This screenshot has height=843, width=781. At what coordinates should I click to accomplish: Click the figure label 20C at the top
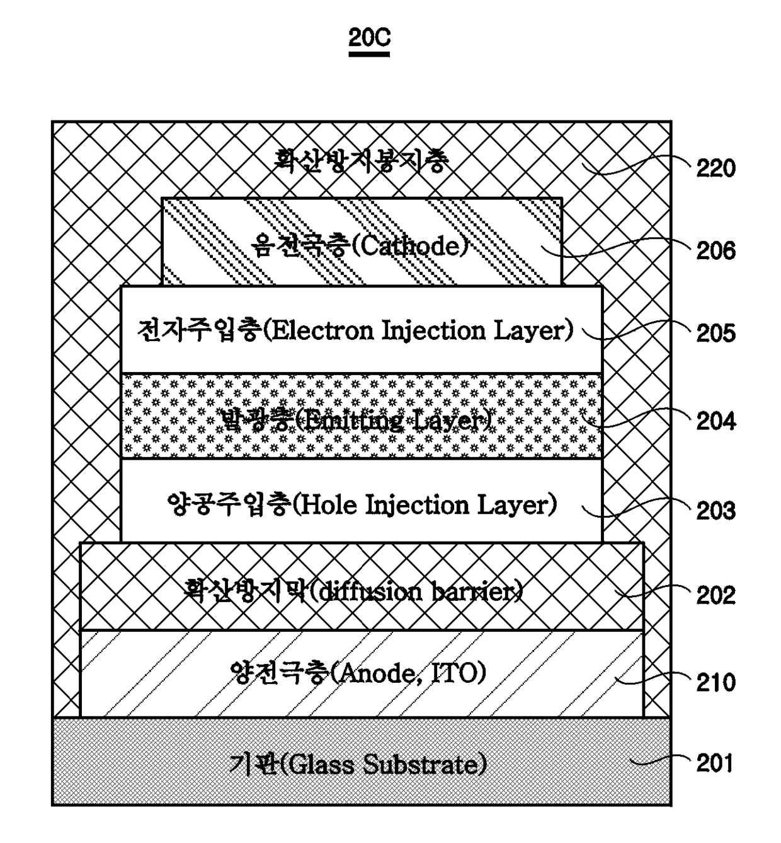[x=369, y=39]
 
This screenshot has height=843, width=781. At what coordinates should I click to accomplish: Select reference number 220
[x=715, y=168]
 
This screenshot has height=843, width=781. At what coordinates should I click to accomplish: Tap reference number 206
[x=715, y=251]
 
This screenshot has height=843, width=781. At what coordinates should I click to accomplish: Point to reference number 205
[x=715, y=333]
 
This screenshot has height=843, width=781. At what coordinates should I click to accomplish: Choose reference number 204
[x=715, y=421]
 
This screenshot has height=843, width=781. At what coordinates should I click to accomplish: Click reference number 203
[x=715, y=510]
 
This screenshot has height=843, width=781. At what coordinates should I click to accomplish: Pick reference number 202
[x=715, y=595]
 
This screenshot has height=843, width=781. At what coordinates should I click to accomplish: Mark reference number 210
[x=715, y=682]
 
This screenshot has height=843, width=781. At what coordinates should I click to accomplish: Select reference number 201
[x=715, y=764]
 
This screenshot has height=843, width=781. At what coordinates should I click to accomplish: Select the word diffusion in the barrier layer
[x=366, y=591]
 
